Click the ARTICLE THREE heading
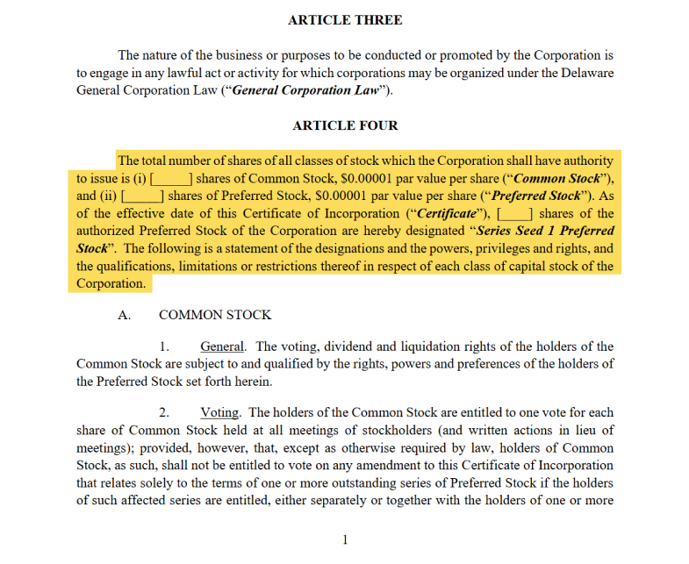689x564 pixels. [x=345, y=20]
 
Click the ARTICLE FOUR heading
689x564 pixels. [x=345, y=125]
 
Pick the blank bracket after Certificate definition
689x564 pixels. [x=514, y=213]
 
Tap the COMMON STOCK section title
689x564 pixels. [x=215, y=315]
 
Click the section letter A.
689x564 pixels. [x=124, y=315]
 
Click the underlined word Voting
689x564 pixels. [x=219, y=412]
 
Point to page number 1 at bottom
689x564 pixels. [x=345, y=539]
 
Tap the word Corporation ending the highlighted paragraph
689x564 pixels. [x=111, y=283]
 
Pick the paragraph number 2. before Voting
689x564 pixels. [x=164, y=412]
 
